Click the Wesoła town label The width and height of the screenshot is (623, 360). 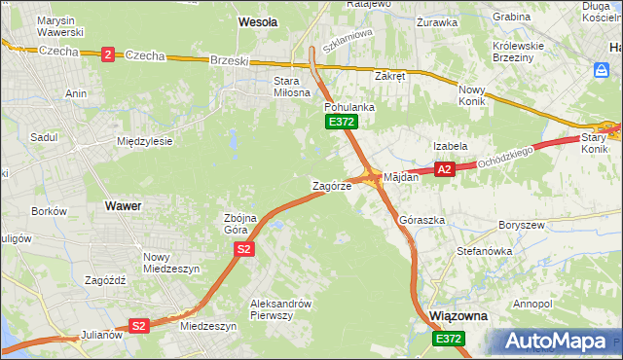(x=258, y=20)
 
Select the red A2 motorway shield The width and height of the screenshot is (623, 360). (x=445, y=169)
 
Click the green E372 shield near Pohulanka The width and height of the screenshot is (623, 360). (x=341, y=122)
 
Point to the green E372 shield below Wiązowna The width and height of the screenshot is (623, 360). (x=449, y=338)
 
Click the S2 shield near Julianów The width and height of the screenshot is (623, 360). (x=139, y=326)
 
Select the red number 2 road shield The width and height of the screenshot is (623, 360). (x=106, y=54)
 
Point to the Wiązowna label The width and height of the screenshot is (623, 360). (x=458, y=317)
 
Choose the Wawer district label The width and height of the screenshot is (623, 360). (x=123, y=206)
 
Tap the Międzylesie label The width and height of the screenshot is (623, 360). (x=144, y=141)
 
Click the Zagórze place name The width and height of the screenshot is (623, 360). (x=331, y=185)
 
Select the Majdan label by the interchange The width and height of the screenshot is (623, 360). (x=401, y=178)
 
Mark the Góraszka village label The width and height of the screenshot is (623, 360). (x=422, y=221)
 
